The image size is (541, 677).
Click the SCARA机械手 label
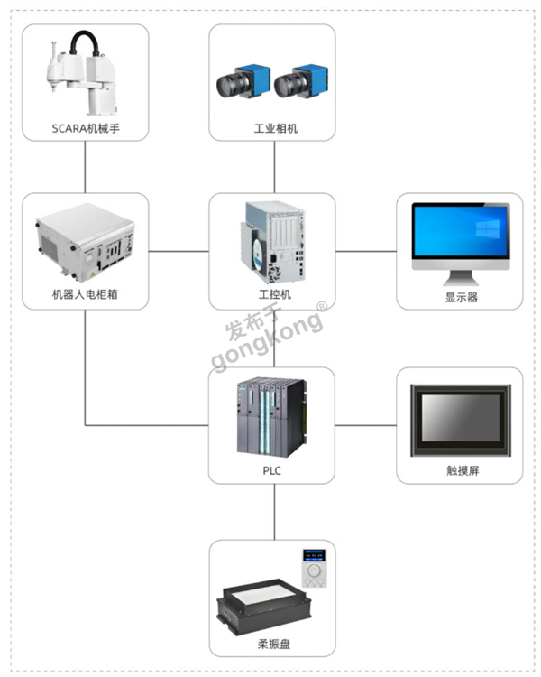point(86,129)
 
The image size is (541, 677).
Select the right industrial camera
point(298,82)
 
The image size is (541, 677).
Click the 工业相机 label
point(274,129)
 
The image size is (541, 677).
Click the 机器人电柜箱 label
point(86,295)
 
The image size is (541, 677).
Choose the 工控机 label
point(274,295)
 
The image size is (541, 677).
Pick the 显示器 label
point(460,295)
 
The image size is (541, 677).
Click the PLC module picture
point(271,417)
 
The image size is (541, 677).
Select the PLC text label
point(272,469)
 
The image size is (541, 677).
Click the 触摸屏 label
point(460,469)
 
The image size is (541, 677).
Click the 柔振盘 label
point(274,644)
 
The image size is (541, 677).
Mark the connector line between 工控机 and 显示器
point(366,251)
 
